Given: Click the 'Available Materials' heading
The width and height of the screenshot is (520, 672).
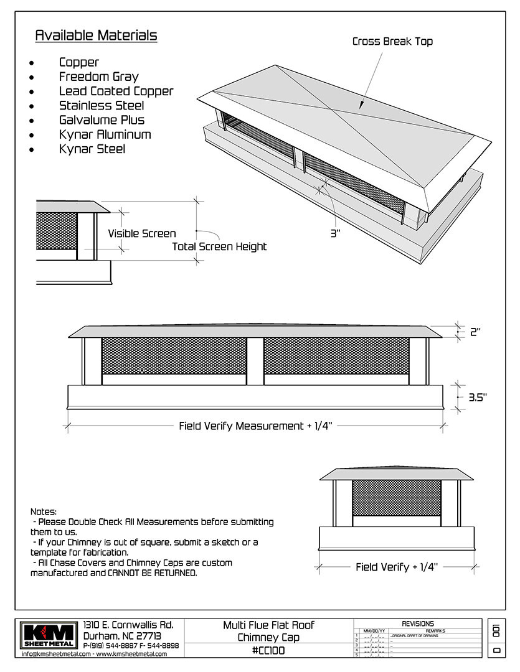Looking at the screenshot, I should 96,35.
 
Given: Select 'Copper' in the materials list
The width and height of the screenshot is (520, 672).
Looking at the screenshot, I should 79,62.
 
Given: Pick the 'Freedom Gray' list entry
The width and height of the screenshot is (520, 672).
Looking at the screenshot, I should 98,77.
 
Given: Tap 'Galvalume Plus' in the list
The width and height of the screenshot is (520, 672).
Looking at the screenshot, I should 102,119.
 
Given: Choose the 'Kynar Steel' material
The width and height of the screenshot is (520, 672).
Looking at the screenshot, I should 92,149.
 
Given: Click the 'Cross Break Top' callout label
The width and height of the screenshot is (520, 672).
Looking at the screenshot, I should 392,42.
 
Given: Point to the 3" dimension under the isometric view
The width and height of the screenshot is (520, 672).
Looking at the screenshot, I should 336,234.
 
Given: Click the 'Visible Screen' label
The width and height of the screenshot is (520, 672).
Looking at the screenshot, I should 142,233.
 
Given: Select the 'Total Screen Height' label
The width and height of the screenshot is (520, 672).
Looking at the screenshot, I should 219,246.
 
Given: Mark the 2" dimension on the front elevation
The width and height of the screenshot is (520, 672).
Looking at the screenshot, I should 476,332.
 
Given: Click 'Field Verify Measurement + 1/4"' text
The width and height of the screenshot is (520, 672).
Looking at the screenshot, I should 256,426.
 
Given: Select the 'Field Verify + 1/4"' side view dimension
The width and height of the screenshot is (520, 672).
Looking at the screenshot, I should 397,567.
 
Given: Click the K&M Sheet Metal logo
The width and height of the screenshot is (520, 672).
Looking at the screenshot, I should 49,635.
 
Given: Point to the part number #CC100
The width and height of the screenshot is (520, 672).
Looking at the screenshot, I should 269,650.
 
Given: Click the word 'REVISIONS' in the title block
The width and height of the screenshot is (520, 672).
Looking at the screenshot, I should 418,623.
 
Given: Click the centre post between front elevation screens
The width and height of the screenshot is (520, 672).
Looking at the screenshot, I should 255,361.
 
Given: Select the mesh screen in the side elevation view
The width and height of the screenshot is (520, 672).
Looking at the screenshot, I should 396,497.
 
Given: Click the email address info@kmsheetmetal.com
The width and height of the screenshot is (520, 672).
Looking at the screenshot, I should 57,654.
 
